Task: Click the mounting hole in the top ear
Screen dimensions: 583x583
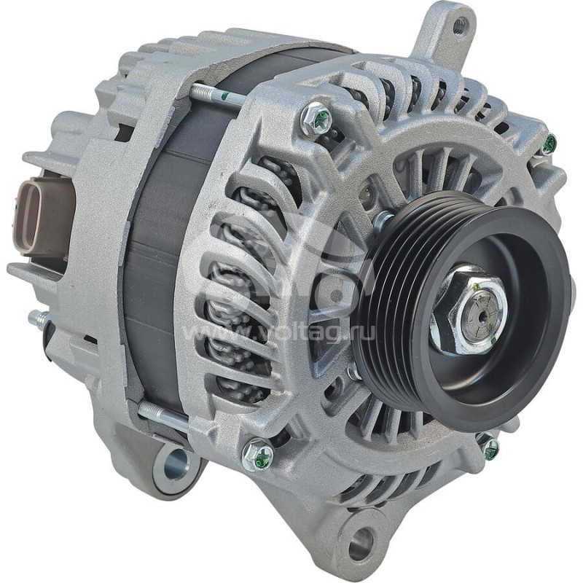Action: click(459, 27)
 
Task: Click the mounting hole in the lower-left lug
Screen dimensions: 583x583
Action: click(176, 464)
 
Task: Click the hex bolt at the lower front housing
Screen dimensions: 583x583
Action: click(259, 455)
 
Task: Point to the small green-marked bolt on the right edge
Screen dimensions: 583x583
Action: click(548, 144)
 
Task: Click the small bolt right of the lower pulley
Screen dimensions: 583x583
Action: click(489, 447)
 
